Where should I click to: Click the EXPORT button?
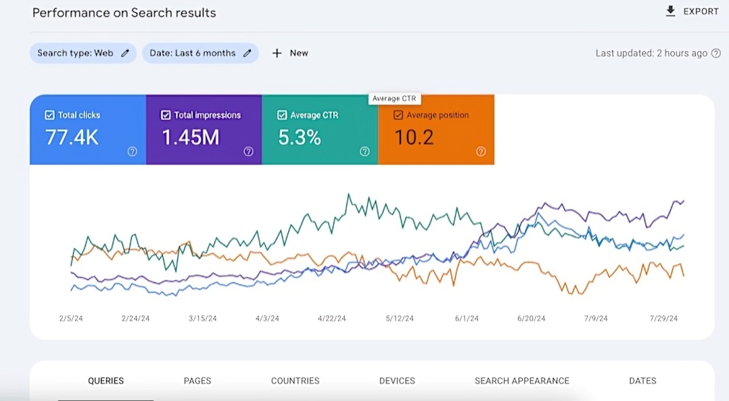[692, 12]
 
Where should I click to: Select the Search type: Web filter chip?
[82, 53]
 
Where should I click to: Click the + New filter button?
[290, 53]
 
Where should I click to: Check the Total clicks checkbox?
[50, 115]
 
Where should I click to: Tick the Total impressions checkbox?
[166, 115]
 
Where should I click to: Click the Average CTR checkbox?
[282, 115]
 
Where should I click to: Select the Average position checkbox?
[398, 115]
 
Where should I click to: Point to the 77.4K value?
[72, 137]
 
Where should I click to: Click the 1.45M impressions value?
[190, 137]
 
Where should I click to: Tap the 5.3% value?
[299, 137]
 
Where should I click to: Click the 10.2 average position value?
[414, 137]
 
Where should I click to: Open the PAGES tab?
[198, 381]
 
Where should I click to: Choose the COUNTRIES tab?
[295, 381]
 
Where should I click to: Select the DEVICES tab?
[397, 381]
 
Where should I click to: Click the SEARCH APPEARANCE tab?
[522, 381]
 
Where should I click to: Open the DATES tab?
[642, 381]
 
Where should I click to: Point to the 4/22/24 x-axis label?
[332, 318]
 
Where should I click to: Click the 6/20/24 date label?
[532, 318]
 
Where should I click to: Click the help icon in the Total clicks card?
[132, 151]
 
